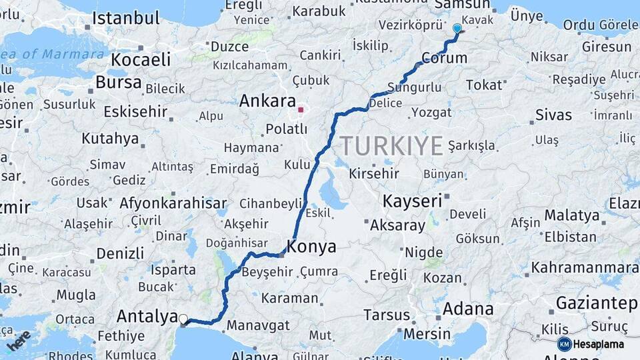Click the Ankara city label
(267, 101)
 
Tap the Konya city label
(311, 246)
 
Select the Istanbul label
(126, 18)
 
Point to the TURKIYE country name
(391, 145)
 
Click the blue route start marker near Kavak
(457, 29)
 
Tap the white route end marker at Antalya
(183, 319)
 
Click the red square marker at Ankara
(301, 110)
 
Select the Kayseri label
(413, 200)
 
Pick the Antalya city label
(147, 315)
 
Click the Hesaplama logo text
(599, 344)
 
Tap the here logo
(19, 340)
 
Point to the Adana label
(467, 309)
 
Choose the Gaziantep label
(597, 303)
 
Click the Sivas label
(553, 115)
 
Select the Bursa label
(119, 82)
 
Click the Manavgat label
(258, 325)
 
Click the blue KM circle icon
(564, 344)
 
